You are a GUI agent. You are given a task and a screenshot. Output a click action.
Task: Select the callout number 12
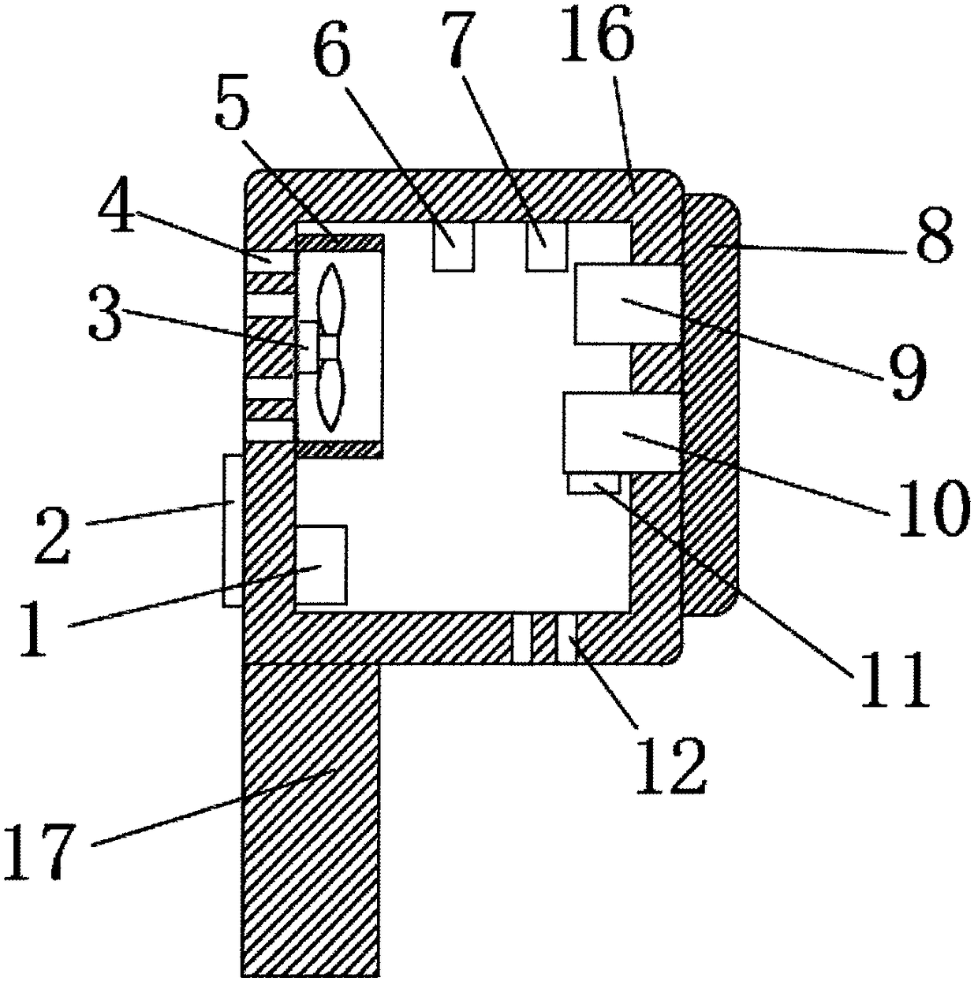point(669,764)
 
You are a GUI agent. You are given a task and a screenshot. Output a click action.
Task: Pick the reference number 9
point(906,371)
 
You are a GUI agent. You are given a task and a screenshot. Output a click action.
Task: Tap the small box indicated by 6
point(453,247)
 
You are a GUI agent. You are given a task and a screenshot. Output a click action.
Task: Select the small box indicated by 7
point(546,247)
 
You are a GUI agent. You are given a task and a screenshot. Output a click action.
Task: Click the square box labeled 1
point(321,564)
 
